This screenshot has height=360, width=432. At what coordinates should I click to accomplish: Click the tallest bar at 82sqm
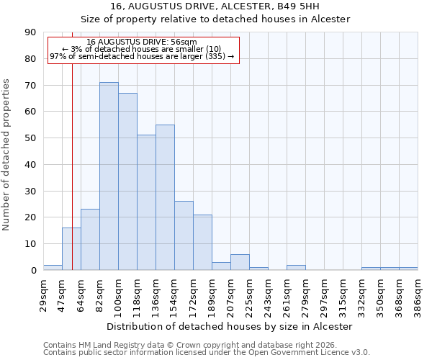109,176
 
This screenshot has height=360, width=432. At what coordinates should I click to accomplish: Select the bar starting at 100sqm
127,181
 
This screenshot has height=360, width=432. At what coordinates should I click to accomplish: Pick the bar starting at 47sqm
71,249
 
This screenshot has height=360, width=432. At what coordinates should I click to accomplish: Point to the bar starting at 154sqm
184,235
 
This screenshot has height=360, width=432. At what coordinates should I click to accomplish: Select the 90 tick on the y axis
30,32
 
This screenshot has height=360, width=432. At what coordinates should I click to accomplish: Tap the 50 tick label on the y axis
30,138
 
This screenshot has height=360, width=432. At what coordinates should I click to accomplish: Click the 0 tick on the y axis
33,271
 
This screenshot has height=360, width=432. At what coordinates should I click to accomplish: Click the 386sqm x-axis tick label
418,294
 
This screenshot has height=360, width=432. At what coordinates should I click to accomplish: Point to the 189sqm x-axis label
212,294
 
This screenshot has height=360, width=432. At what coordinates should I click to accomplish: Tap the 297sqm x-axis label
324,294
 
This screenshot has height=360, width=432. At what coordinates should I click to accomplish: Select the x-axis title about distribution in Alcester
230,326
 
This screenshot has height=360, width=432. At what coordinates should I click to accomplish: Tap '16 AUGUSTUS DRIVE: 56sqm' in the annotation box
141,42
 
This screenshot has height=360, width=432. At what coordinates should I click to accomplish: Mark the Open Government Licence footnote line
207,353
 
